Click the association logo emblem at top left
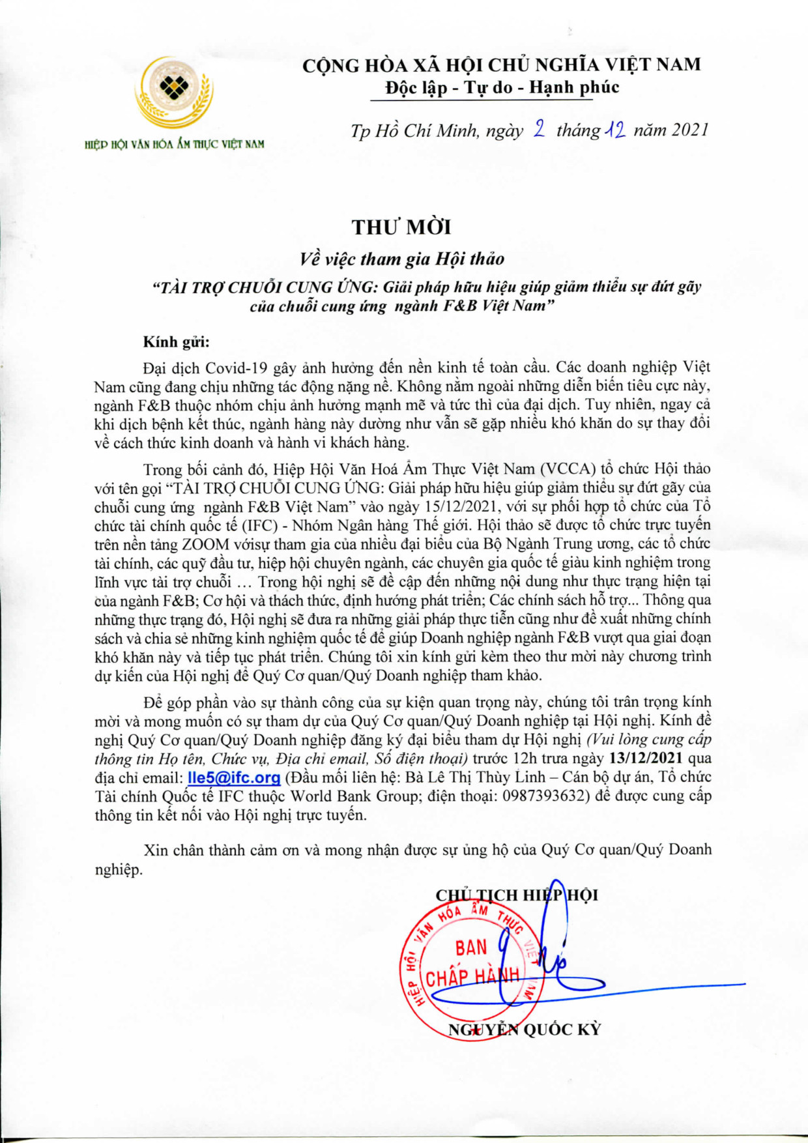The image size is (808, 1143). point(174,91)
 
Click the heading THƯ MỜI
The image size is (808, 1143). point(401,227)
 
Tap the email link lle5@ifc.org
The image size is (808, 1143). point(234,777)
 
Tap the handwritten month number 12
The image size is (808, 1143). point(616,130)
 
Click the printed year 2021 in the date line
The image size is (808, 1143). point(689,130)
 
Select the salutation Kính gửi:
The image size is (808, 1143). point(177,342)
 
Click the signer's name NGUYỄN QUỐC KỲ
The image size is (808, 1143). point(525,1030)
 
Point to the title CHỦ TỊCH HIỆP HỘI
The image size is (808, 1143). point(516,895)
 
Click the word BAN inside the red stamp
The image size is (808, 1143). point(471,948)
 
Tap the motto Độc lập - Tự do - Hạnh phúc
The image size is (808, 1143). point(502,87)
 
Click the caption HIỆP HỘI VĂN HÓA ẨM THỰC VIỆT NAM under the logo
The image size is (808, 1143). point(175,144)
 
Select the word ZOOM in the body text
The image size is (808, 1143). point(205,544)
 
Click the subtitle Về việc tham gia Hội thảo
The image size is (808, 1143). point(402,259)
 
